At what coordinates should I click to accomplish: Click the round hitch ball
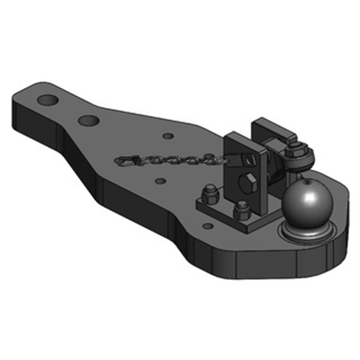(307, 202)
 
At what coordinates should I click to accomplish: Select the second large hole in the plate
(89, 120)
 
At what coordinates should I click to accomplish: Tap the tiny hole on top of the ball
(308, 183)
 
